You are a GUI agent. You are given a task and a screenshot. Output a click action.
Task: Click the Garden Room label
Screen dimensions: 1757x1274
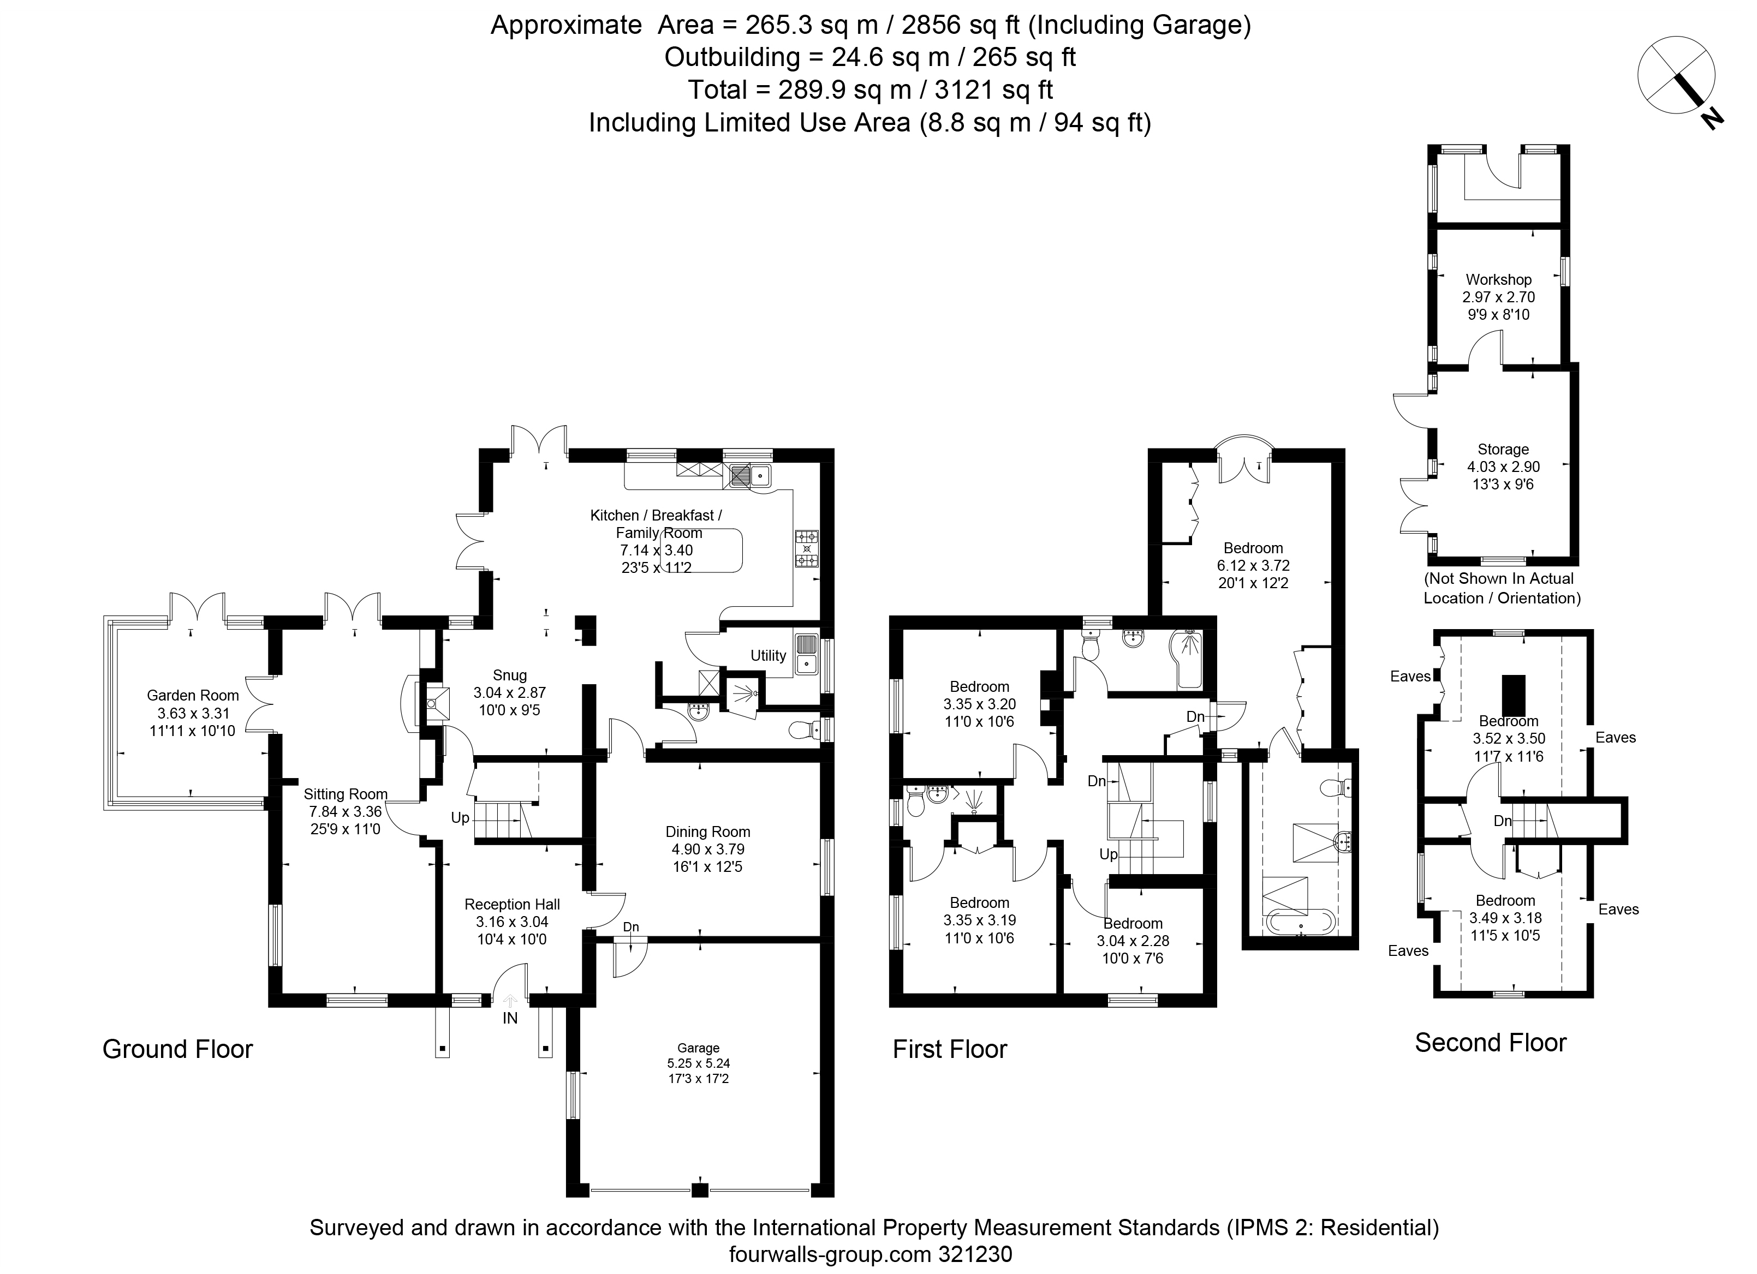(192, 696)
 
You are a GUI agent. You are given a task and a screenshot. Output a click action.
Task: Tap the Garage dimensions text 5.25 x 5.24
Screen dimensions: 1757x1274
(698, 1063)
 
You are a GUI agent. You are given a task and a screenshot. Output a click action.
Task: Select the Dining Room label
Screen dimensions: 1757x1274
(707, 832)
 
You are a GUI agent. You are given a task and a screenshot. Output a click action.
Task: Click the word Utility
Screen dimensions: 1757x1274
(768, 655)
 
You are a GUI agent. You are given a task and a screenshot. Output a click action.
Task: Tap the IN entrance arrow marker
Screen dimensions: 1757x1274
(510, 1001)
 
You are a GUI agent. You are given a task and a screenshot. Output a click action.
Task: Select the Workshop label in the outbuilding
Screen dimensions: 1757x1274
(1498, 279)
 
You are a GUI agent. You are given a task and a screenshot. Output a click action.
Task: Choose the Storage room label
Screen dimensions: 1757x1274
(1503, 449)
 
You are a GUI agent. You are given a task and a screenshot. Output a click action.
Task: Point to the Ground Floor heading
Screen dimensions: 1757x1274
(177, 1049)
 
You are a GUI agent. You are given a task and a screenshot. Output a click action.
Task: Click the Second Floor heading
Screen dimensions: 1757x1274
(1491, 1043)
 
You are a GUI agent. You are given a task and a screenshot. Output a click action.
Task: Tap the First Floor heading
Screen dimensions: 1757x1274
(950, 1049)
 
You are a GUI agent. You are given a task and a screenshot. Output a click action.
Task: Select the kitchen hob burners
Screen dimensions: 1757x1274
(807, 548)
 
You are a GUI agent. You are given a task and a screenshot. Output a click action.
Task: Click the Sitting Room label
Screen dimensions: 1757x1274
(345, 794)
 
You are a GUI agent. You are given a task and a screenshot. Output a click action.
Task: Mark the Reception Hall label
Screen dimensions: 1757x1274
(512, 904)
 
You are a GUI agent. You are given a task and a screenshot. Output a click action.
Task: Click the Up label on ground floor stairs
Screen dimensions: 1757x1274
(460, 818)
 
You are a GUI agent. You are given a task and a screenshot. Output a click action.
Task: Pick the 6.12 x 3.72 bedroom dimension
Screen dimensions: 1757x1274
(1253, 565)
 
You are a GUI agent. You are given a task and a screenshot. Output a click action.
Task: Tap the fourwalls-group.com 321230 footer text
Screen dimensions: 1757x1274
(871, 1254)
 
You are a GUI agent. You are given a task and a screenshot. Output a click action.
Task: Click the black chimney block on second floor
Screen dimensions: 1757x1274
(1513, 696)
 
